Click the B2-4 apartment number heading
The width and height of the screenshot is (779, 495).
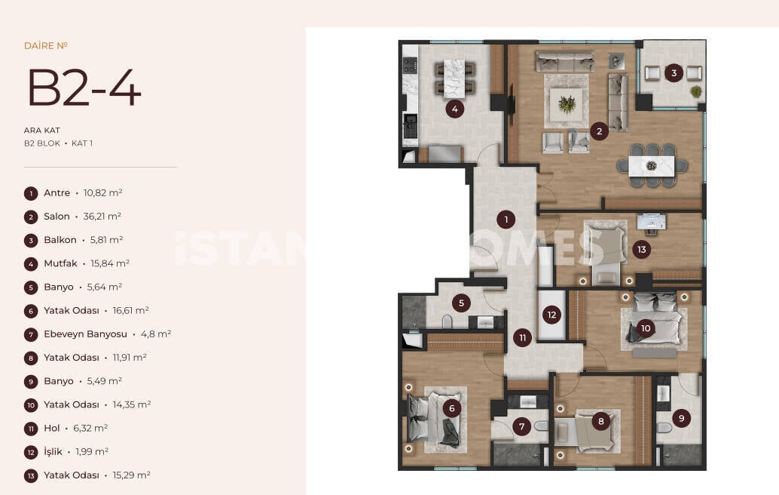point(84,88)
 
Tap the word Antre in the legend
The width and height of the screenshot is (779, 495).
point(57,192)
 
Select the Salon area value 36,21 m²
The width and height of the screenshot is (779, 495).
point(102,217)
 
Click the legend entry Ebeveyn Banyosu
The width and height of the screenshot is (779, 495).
point(85,334)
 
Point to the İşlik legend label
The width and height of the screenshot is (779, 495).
point(53,451)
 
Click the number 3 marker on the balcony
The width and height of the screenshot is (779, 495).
point(674,73)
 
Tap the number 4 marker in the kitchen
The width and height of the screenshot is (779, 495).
point(454,109)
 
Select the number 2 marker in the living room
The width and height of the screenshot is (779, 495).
point(600,131)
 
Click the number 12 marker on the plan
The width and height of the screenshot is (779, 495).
point(552,315)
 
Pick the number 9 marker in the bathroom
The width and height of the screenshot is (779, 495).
point(682,418)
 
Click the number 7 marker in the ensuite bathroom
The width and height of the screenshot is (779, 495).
point(521,426)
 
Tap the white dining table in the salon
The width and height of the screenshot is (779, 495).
point(652,166)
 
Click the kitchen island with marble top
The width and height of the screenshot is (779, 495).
point(454,78)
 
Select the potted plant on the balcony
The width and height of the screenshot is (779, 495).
point(696,91)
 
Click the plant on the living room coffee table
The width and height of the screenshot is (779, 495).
point(567,104)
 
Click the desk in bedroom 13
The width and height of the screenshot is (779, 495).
point(652,222)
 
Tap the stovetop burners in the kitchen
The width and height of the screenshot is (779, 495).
point(410,65)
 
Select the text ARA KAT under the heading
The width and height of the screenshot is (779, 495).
point(41,131)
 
